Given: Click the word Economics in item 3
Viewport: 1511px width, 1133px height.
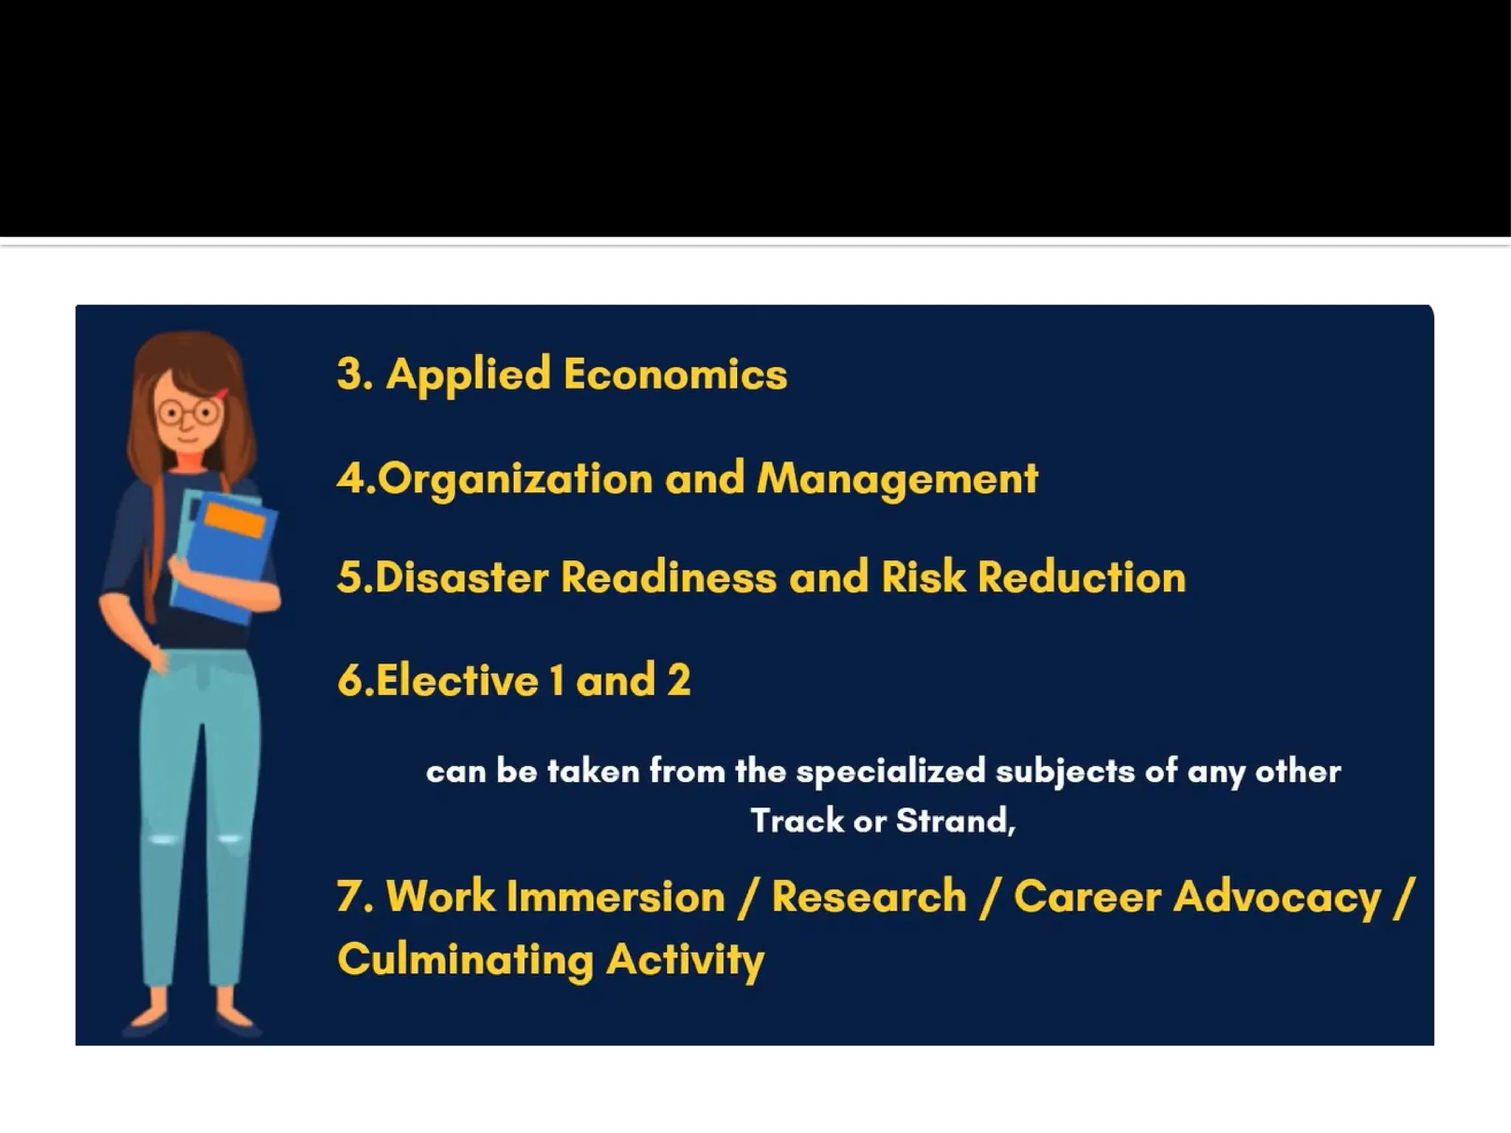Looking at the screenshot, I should [675, 373].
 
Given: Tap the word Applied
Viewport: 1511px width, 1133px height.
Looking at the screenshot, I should [468, 375].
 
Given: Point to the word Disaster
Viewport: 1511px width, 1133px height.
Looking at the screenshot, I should [462, 577].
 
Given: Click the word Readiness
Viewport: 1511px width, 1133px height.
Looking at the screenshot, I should [668, 577].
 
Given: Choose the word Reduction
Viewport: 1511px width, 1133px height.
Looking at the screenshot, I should [1082, 577].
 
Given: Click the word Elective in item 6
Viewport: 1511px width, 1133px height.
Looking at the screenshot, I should [457, 679].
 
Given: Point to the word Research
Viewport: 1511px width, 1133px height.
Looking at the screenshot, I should [869, 897].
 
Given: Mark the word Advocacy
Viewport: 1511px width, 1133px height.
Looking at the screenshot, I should [1276, 898].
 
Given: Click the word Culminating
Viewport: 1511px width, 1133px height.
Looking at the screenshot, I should [466, 960].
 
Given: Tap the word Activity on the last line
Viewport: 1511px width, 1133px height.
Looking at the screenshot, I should [685, 960].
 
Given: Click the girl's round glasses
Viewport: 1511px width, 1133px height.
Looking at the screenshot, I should [188, 412].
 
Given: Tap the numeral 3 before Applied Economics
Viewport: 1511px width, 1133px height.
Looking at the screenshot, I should [350, 373].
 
